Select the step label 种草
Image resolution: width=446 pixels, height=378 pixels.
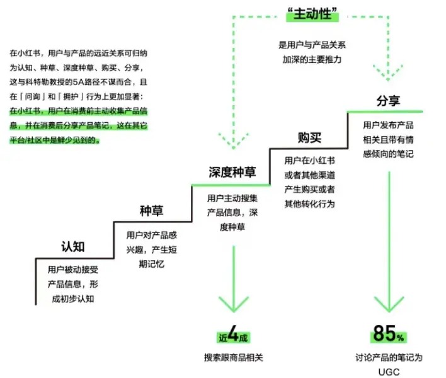click(152, 210)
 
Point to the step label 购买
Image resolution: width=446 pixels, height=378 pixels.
click(309, 137)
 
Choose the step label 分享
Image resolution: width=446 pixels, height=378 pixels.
click(389, 101)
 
